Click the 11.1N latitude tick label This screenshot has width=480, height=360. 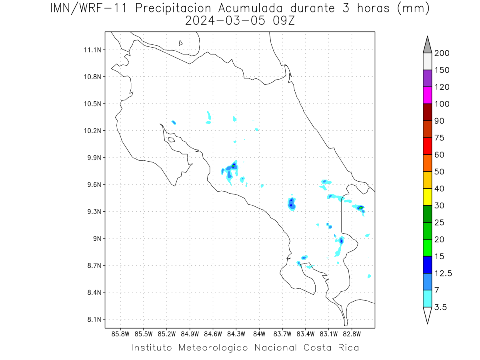pyautogui.click(x=92, y=50)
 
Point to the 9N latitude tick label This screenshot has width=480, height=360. pyautogui.click(x=97, y=238)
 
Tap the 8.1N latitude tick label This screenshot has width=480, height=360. pyautogui.click(x=94, y=319)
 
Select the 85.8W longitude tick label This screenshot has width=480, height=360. pyautogui.click(x=120, y=334)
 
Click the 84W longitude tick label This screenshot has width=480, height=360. pyautogui.click(x=259, y=334)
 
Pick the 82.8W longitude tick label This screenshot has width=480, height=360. pyautogui.click(x=352, y=334)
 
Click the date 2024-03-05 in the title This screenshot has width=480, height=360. pyautogui.click(x=225, y=21)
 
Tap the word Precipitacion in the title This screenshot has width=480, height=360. pyautogui.click(x=173, y=8)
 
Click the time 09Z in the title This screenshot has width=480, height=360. pyautogui.click(x=284, y=21)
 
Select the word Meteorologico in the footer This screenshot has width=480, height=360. pyautogui.click(x=213, y=348)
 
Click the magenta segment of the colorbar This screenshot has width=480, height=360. pyautogui.click(x=427, y=95)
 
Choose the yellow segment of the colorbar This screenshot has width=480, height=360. pyautogui.click(x=427, y=197)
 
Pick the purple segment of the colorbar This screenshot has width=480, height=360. pyautogui.click(x=427, y=78)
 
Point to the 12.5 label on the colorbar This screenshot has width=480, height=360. pyautogui.click(x=443, y=274)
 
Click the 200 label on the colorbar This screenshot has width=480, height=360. pyautogui.click(x=442, y=53)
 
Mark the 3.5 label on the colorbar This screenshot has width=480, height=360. pyautogui.click(x=440, y=307)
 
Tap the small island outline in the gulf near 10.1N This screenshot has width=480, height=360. pyautogui.click(x=172, y=140)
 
